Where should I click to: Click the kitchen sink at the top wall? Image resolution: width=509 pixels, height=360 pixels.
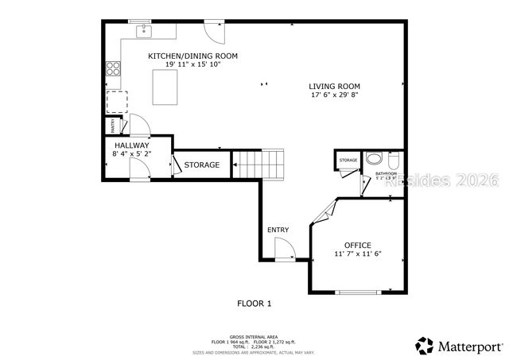pyautogui.click(x=145, y=31)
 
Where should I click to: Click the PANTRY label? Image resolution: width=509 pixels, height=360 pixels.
pyautogui.click(x=112, y=126)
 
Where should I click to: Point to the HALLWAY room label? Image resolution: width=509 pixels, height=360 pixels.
pyautogui.click(x=131, y=146)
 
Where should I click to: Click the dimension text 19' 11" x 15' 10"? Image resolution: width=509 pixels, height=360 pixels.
pyautogui.click(x=192, y=64)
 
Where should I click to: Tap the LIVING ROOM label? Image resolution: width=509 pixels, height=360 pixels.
pyautogui.click(x=335, y=86)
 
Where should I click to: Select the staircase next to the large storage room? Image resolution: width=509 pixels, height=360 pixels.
pyautogui.click(x=259, y=164)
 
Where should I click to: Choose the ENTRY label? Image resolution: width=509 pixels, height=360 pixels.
pyautogui.click(x=278, y=230)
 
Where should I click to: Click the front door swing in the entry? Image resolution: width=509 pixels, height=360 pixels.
pyautogui.click(x=284, y=250)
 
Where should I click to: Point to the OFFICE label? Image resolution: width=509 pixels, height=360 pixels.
pyautogui.click(x=357, y=245)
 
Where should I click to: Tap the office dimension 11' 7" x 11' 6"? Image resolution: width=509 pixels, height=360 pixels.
pyautogui.click(x=358, y=254)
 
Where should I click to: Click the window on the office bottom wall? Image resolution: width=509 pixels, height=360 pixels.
pyautogui.click(x=358, y=292)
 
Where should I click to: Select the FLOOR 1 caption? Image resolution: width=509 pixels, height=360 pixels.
pyautogui.click(x=254, y=303)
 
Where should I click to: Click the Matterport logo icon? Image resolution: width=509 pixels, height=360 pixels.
pyautogui.click(x=425, y=346)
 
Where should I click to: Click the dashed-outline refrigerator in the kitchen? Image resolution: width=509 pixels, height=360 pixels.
pyautogui.click(x=117, y=102)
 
